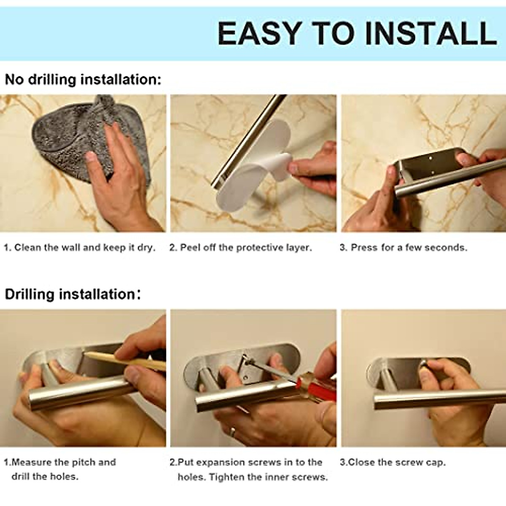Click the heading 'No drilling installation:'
coord(83,79)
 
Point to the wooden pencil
coord(125,361)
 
